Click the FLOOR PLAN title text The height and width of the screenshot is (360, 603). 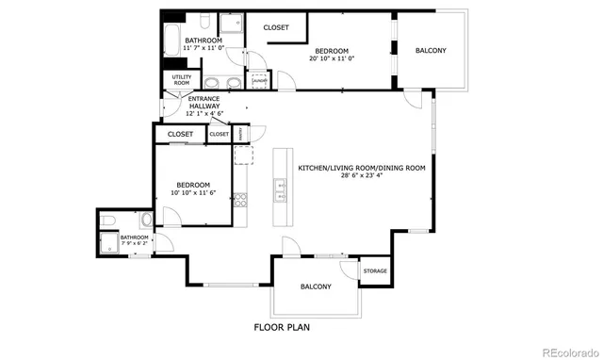click(283, 328)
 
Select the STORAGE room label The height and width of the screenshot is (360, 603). click(375, 271)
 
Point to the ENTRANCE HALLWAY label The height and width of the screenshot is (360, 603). click(204, 103)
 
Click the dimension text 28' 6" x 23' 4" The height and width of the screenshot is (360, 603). click(362, 175)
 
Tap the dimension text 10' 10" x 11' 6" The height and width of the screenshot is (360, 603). click(193, 192)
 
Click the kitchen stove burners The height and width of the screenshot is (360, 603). click(239, 200)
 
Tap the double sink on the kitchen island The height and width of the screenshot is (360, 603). click(280, 190)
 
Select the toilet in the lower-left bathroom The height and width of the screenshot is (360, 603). click(108, 221)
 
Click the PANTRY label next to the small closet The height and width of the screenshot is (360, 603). click(241, 134)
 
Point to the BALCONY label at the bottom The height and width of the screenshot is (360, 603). click(315, 286)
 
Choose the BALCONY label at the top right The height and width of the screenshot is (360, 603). click(431, 50)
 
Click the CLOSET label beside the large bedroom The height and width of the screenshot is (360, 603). click(276, 27)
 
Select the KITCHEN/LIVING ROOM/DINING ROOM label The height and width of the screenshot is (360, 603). click(362, 168)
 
